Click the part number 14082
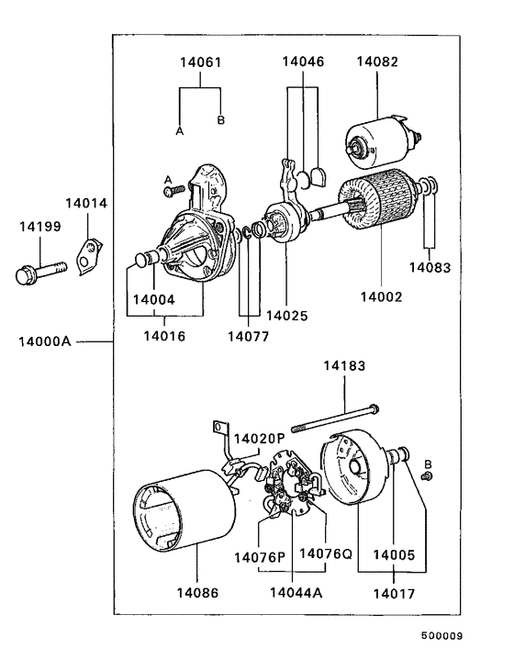[x=377, y=61]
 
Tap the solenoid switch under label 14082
[x=382, y=141]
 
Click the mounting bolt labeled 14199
[x=40, y=273]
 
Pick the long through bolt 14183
[x=335, y=419]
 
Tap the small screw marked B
[x=427, y=476]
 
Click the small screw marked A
[x=173, y=191]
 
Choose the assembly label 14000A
[x=45, y=341]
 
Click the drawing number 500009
[x=441, y=635]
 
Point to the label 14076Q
[x=326, y=553]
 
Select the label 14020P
[x=260, y=439]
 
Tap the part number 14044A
[x=296, y=593]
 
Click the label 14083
[x=430, y=267]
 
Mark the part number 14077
[x=249, y=337]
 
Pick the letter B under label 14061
[x=221, y=120]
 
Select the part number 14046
[x=303, y=61]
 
